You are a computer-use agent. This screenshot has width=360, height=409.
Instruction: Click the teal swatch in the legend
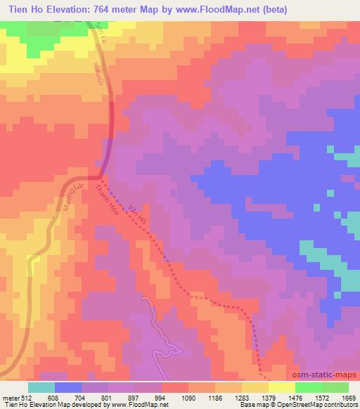pyautogui.click(x=41, y=387)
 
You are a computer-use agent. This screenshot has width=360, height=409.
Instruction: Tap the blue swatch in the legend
pyautogui.click(x=68, y=387)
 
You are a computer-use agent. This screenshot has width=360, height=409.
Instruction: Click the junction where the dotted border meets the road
pyautogui.click(x=99, y=177)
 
